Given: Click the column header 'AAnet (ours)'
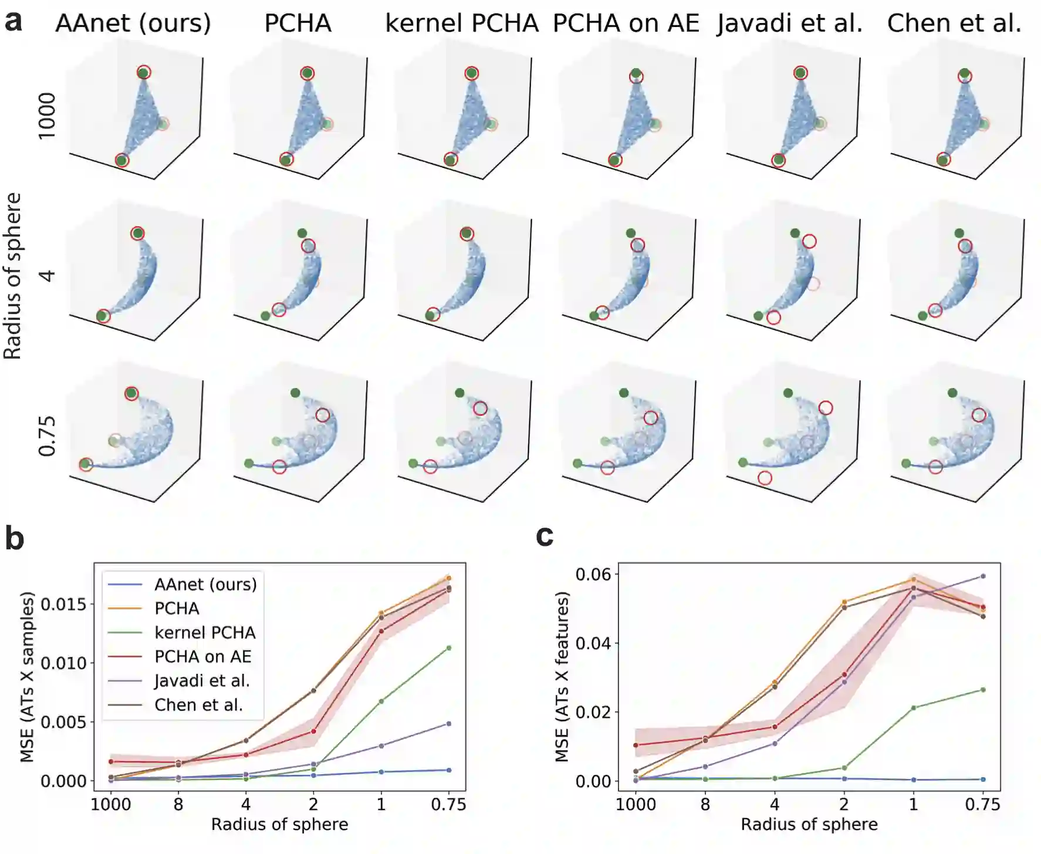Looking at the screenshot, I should pyautogui.click(x=133, y=23).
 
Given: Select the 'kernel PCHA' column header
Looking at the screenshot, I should pyautogui.click(x=462, y=23).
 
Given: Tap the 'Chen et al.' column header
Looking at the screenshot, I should pyautogui.click(x=954, y=23).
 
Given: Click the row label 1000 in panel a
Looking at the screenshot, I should pyautogui.click(x=47, y=116).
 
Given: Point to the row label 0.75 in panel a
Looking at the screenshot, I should pyautogui.click(x=47, y=436).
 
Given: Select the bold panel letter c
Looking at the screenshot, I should pyautogui.click(x=545, y=536).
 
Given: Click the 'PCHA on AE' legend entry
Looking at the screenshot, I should pyautogui.click(x=202, y=656).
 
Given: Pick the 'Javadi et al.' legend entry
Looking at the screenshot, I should pyautogui.click(x=202, y=680).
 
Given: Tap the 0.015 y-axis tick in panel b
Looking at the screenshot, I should pyautogui.click(x=63, y=604).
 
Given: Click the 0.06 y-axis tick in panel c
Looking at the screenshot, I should pyautogui.click(x=593, y=574).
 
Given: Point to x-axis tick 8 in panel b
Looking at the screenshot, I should pyautogui.click(x=178, y=804).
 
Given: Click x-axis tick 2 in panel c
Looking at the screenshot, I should pyautogui.click(x=844, y=804).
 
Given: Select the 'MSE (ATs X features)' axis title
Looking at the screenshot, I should pyautogui.click(x=562, y=677).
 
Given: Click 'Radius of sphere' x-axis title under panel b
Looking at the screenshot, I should pyautogui.click(x=279, y=825).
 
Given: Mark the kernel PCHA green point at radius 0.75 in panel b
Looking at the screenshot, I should pyautogui.click(x=449, y=648).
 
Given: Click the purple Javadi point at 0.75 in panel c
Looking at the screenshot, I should pyautogui.click(x=983, y=576).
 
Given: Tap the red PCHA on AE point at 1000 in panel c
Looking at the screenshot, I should pyautogui.click(x=636, y=745).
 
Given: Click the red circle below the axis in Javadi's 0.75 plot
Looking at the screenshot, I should pyautogui.click(x=765, y=478).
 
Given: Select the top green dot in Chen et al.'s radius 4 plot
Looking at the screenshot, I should pyautogui.click(x=959, y=233).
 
